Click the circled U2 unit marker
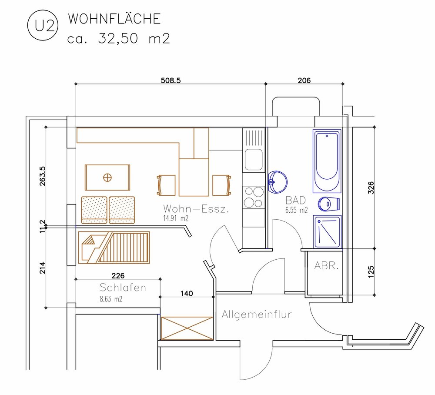click(x=43, y=26)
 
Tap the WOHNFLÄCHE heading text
click(x=114, y=19)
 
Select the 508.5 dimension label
click(x=171, y=80)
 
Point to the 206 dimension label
click(x=304, y=80)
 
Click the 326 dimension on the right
click(x=371, y=187)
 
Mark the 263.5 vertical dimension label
click(x=43, y=176)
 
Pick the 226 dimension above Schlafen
click(x=118, y=276)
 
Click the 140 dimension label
click(x=187, y=294)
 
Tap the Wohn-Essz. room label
click(x=196, y=209)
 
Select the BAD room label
click(x=296, y=200)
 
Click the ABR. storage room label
click(x=326, y=266)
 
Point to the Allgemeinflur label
click(x=257, y=315)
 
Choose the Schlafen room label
click(x=123, y=288)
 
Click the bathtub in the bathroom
click(x=327, y=161)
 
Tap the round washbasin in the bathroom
click(x=278, y=182)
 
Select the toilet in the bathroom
click(x=329, y=204)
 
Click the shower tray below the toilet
click(x=327, y=231)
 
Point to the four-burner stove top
click(x=254, y=197)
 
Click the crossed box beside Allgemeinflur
click(x=187, y=328)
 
